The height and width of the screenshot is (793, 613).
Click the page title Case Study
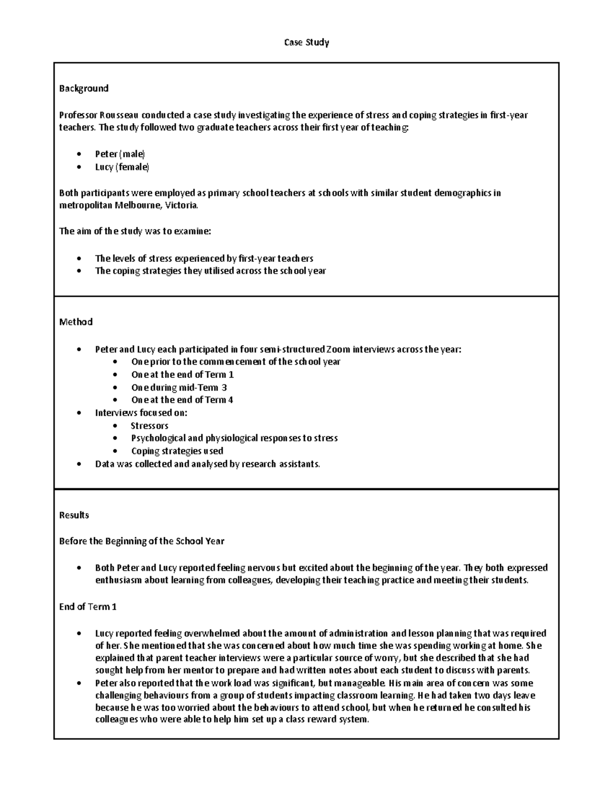[x=306, y=42]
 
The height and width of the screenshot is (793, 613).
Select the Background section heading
[x=84, y=88]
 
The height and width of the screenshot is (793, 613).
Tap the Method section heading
[x=76, y=322]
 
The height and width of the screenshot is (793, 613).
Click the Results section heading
[x=74, y=515]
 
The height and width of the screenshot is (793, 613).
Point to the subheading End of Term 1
[x=88, y=607]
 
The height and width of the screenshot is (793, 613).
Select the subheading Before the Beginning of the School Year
[x=142, y=541]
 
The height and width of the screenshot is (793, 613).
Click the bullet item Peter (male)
[x=120, y=154]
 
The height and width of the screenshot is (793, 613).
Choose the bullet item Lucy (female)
[x=122, y=167]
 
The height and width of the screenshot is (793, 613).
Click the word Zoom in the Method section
[x=338, y=349]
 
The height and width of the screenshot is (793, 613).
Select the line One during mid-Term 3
[x=179, y=387]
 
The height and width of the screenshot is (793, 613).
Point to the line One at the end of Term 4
[x=182, y=400]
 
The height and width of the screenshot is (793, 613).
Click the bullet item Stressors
[x=149, y=425]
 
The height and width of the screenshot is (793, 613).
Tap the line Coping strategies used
[x=177, y=451]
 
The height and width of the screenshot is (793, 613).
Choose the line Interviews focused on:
[x=141, y=413]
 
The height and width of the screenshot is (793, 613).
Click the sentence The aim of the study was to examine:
[x=135, y=231]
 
